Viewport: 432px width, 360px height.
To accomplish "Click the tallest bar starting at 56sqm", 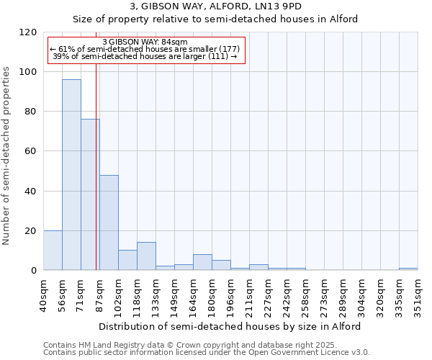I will click(71, 175).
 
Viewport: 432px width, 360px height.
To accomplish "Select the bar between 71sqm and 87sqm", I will click(90, 194).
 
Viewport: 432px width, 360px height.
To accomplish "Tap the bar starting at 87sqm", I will click(109, 222).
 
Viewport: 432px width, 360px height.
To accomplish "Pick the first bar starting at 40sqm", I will click(53, 251).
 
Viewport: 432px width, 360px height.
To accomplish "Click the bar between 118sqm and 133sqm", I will click(146, 256).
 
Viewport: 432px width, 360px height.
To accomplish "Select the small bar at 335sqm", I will click(408, 269).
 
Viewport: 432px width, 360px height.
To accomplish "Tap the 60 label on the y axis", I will click(32, 151).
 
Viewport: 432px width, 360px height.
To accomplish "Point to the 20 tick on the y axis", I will click(32, 231).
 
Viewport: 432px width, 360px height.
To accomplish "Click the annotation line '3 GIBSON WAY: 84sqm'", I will click(145, 42).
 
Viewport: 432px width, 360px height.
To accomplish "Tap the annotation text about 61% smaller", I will click(145, 49).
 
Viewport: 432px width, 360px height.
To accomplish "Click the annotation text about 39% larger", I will click(145, 56).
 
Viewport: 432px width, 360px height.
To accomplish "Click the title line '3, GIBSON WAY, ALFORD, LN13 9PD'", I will click(215, 6).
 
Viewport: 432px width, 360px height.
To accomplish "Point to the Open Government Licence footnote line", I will click(206, 353).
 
